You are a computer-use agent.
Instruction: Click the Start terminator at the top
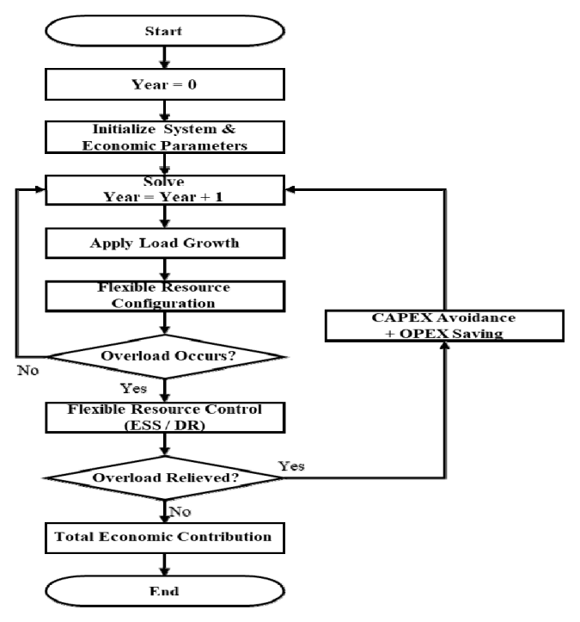point(165,31)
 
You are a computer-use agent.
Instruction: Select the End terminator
point(165,591)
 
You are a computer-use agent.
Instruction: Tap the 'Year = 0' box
point(165,84)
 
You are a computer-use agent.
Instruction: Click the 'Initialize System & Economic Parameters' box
point(165,138)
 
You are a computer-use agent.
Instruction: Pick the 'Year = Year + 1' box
point(165,190)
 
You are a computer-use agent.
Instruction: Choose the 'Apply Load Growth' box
point(165,243)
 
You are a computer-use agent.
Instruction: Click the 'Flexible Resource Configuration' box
point(165,296)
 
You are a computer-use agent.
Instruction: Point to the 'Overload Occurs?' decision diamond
point(166,357)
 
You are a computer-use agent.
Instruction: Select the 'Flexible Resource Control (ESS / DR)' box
point(165,418)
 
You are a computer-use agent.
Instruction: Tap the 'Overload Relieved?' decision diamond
point(164,478)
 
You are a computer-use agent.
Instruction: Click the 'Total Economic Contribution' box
point(165,538)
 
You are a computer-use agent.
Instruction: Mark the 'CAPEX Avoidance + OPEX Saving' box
point(444,326)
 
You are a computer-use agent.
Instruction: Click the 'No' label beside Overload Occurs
point(28,371)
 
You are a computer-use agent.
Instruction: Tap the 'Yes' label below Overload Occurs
point(133,388)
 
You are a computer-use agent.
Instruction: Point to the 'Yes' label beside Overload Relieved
point(291,465)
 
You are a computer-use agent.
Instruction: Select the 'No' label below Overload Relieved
point(180,512)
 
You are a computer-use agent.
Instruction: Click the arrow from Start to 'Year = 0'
point(165,58)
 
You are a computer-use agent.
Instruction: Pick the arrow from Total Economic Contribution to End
point(165,564)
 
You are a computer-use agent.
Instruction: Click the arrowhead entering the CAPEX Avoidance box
point(445,346)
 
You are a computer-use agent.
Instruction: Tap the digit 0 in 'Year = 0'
point(192,84)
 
